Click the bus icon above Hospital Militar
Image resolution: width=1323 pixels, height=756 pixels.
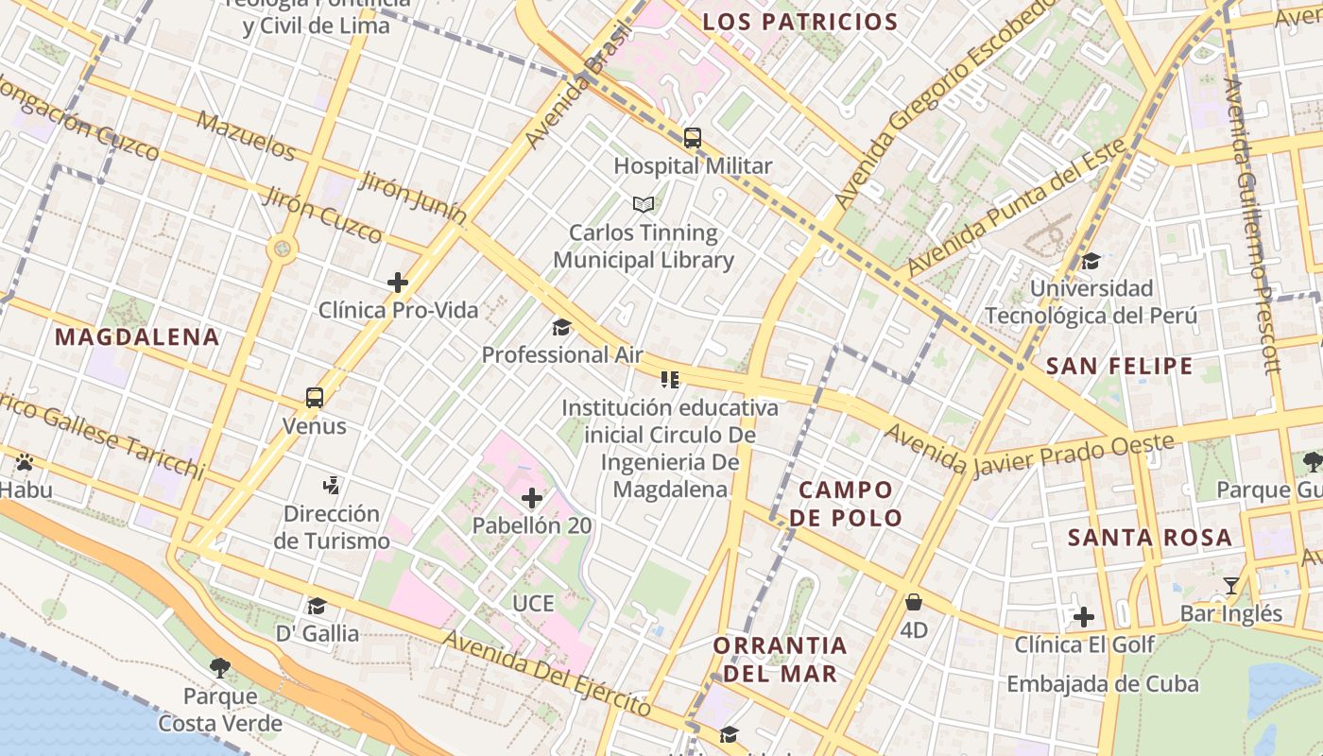(x=693, y=138)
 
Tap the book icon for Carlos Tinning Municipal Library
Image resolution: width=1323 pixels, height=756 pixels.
(x=644, y=204)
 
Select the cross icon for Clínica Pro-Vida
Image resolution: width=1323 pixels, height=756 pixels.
(x=398, y=282)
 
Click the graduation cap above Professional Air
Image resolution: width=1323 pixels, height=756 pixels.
(x=562, y=328)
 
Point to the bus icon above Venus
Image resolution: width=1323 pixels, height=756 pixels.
(x=315, y=398)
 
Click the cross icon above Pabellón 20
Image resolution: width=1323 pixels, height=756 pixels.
(x=532, y=497)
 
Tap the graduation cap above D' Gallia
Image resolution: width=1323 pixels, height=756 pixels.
(x=317, y=606)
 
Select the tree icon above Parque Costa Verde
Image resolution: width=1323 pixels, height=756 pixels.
(x=220, y=668)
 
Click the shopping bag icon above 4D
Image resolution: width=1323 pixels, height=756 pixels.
(x=914, y=602)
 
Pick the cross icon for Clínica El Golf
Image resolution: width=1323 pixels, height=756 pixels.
(x=1084, y=617)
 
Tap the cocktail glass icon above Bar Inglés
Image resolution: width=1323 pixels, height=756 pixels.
(x=1230, y=586)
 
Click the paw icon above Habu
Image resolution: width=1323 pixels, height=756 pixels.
(x=25, y=462)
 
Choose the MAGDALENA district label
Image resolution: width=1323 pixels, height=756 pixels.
(x=137, y=337)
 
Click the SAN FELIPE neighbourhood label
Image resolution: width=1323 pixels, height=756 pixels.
(x=1120, y=367)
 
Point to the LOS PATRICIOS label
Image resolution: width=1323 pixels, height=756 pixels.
(x=800, y=22)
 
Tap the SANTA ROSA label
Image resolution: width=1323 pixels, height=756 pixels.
(x=1150, y=538)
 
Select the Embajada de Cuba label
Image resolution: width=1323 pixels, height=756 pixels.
(x=1102, y=684)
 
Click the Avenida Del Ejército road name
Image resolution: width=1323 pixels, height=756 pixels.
(x=547, y=673)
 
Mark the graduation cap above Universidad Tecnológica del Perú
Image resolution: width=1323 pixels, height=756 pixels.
(x=1091, y=261)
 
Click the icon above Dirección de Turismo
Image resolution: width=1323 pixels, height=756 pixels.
(x=331, y=486)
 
